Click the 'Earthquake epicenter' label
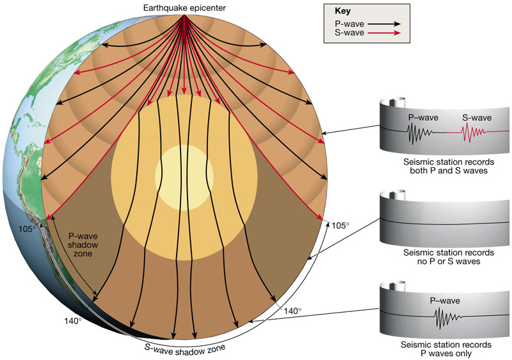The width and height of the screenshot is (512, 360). pos(184,7)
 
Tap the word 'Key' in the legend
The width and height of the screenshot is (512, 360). pos(342,11)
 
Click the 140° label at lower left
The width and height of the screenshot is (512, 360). pos(72,320)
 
